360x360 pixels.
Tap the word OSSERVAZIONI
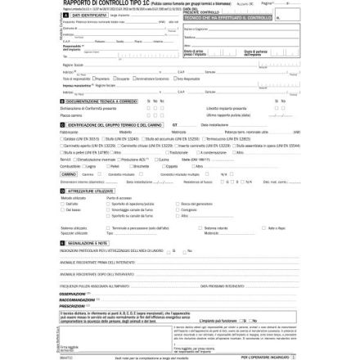[73, 293]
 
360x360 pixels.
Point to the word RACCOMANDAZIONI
[75, 299]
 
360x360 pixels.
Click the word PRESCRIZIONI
[72, 304]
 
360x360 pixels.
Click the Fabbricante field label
[69, 131]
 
